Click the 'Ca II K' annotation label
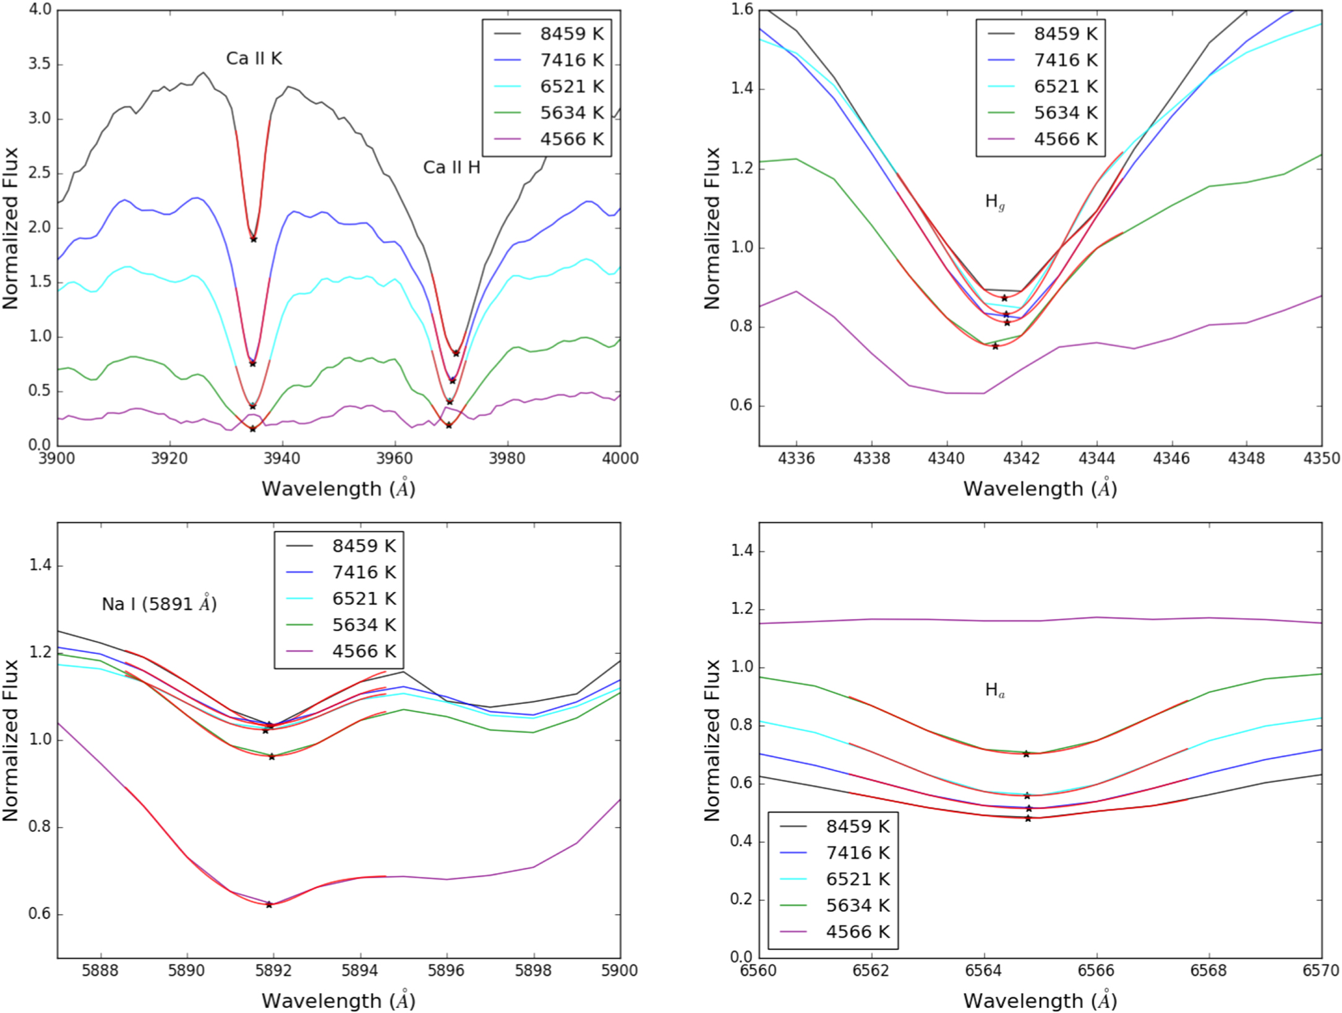coord(254,59)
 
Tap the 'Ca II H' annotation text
coord(451,167)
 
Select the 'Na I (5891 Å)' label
coord(159,604)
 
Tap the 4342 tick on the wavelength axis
coord(1022,459)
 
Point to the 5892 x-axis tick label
coord(273,971)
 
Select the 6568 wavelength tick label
coord(1208,971)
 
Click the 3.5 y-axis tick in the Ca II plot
coord(39,65)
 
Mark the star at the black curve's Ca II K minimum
coord(254,239)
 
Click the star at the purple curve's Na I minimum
coord(269,905)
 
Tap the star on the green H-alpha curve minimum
coord(1026,754)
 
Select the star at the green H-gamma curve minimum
coord(995,346)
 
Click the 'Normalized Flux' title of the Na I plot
coord(11,740)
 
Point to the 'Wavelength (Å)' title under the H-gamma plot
coord(1040,489)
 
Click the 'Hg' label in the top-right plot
coord(994,202)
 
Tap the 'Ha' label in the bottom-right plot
coord(994,690)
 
